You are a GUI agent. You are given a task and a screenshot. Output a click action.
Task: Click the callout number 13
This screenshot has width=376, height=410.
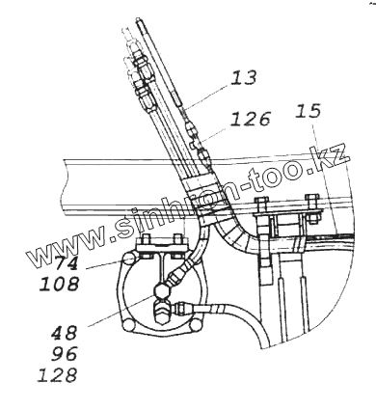coord(244,78)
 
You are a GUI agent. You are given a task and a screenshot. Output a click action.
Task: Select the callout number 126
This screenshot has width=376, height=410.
coord(250,119)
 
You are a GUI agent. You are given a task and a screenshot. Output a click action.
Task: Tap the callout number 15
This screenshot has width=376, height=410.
coord(309,111)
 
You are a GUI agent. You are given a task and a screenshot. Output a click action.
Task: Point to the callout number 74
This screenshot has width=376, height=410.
coord(66,263)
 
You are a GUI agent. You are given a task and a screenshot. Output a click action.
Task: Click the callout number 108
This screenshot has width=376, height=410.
coord(60,285)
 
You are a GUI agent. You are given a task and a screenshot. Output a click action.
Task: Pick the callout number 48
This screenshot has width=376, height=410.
coord(65,333)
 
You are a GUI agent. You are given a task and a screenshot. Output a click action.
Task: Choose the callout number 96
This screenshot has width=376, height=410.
coord(65,354)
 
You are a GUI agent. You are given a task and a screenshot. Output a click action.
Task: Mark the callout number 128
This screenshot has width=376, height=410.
coord(58,375)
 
